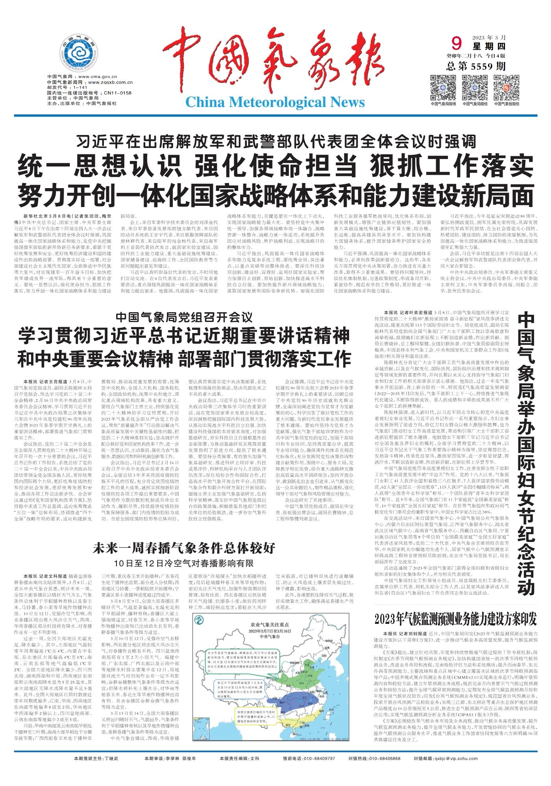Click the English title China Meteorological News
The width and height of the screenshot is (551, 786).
(275, 102)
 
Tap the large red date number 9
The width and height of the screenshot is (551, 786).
(457, 42)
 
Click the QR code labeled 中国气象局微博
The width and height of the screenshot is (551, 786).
(443, 87)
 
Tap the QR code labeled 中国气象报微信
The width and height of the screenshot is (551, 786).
(506, 87)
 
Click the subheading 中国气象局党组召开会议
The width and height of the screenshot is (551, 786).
(184, 316)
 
